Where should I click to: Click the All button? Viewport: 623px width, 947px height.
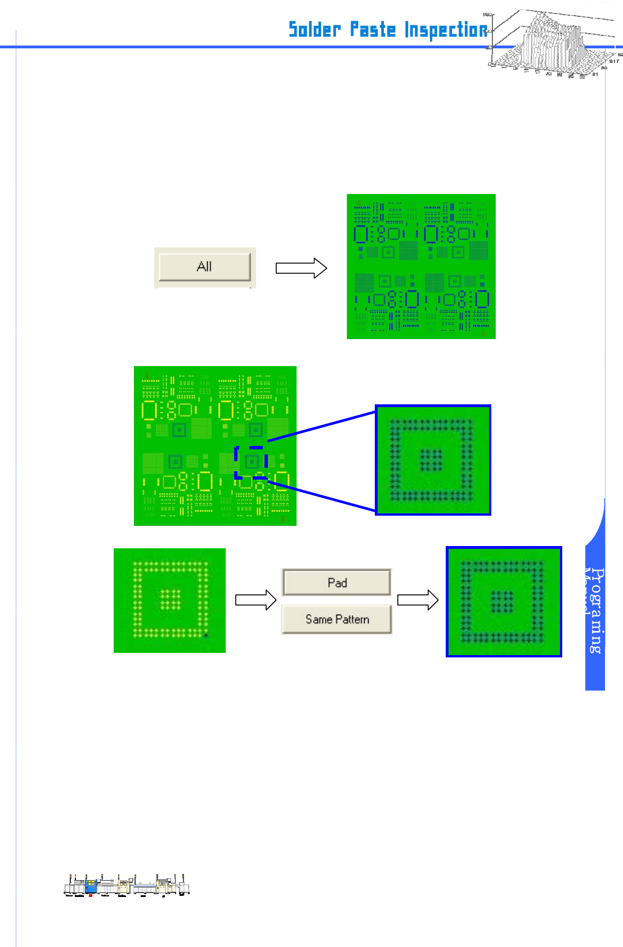click(205, 267)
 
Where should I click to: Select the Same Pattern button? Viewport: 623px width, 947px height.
click(337, 619)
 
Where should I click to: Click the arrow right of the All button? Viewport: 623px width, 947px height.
click(301, 268)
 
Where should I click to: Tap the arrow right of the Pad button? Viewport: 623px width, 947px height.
click(418, 600)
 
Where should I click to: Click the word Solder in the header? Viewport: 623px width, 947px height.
click(315, 29)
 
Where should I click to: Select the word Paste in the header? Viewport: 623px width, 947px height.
click(373, 29)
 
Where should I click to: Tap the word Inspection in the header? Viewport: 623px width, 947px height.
click(446, 30)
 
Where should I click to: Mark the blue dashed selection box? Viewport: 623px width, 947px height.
click(251, 462)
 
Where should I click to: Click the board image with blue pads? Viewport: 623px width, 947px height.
click(421, 267)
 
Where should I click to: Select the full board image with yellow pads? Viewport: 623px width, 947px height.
click(215, 446)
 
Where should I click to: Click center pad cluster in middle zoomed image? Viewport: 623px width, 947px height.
click(432, 459)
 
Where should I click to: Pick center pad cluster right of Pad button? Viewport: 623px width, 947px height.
click(502, 602)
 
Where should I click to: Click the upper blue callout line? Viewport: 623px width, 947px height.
click(321, 426)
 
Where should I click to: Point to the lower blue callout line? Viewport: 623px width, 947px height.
click(321, 496)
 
